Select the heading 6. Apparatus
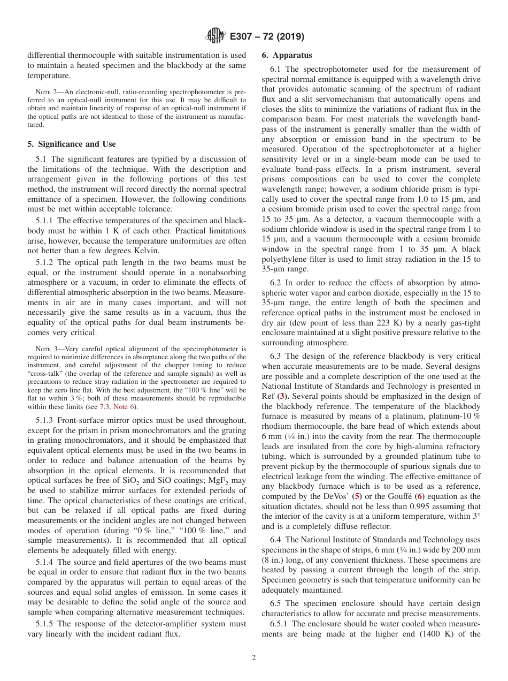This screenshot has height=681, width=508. pos(287,55)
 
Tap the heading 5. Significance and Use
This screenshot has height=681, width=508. pos(72,144)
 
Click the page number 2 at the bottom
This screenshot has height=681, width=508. pos(254,658)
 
